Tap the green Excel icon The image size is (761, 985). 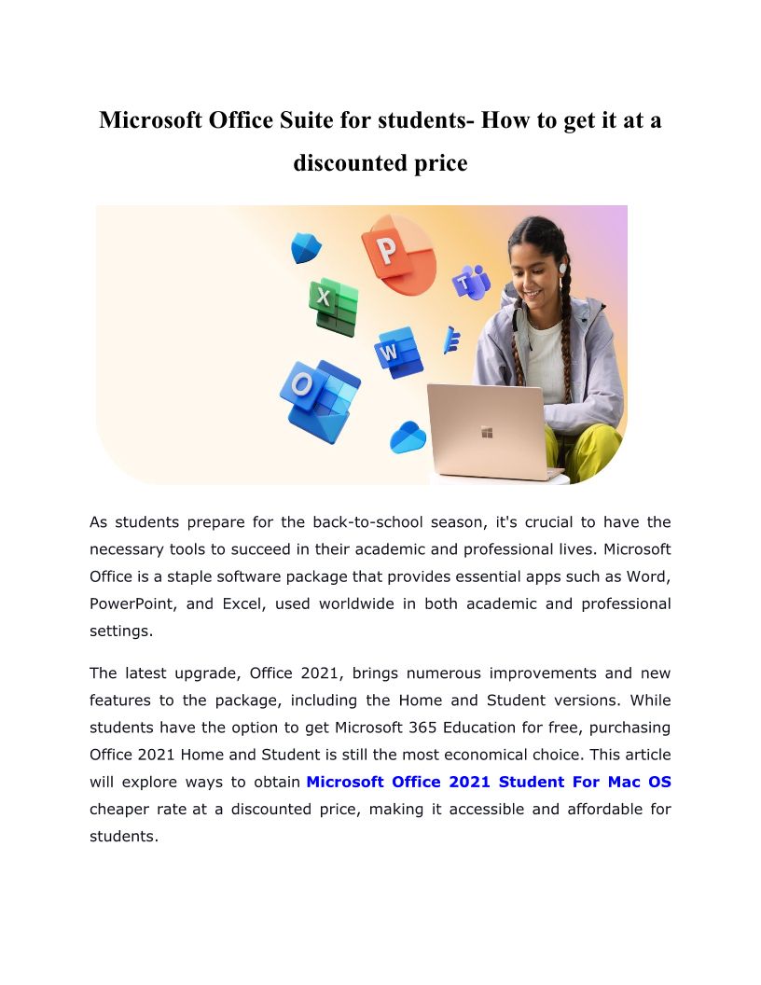pyautogui.click(x=334, y=305)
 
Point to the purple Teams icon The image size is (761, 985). pyautogui.click(x=472, y=281)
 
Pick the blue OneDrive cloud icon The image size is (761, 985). pyautogui.click(x=408, y=437)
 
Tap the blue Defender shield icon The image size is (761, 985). pyautogui.click(x=305, y=248)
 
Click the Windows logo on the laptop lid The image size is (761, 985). pyautogui.click(x=486, y=432)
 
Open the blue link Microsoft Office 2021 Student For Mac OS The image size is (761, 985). pyautogui.click(x=488, y=782)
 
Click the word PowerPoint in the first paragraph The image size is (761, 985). pyautogui.click(x=131, y=603)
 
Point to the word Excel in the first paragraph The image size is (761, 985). pyautogui.click(x=242, y=603)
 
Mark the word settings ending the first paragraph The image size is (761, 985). pyautogui.click(x=120, y=631)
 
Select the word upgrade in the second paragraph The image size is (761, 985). pyautogui.click(x=213, y=673)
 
